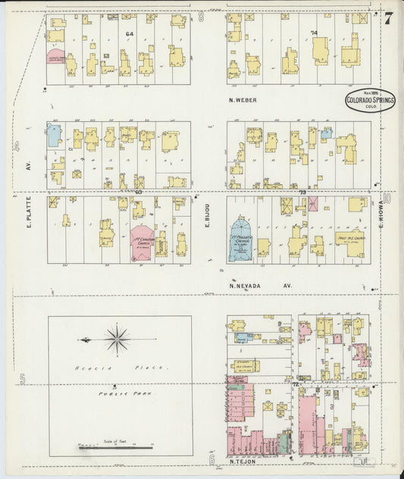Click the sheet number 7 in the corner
pos(387,19)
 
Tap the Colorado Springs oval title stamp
pos(370,101)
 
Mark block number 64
pos(130,33)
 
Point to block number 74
pos(314,33)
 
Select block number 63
pos(139,193)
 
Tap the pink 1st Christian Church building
pos(141,242)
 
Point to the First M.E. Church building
pos(349,243)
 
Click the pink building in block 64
pos(55,58)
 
